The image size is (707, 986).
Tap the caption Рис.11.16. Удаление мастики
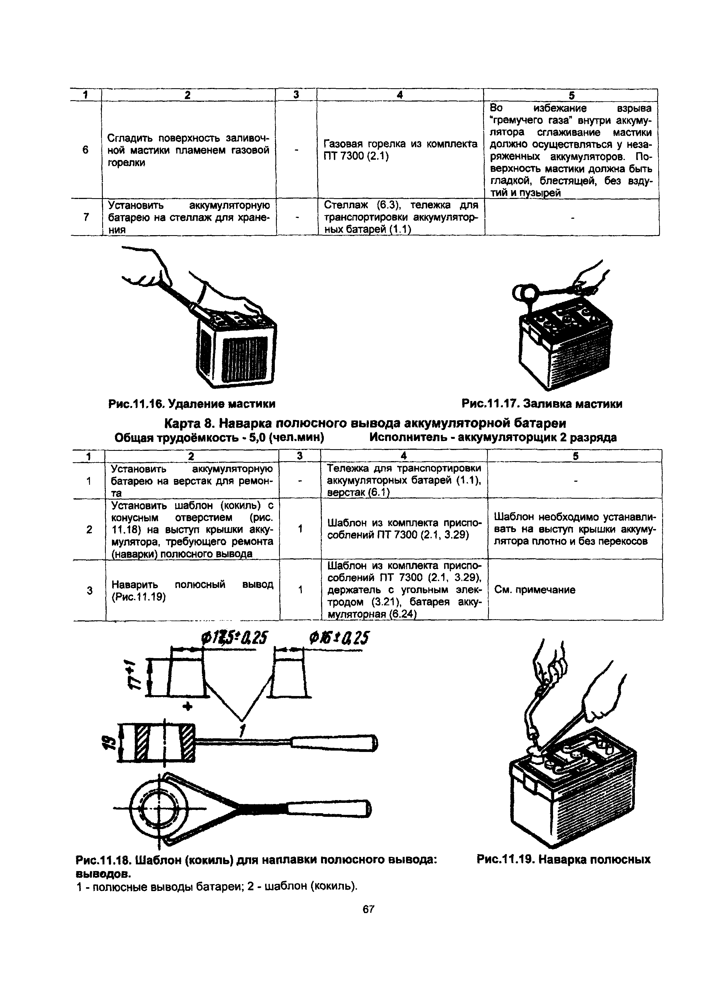pyautogui.click(x=191, y=404)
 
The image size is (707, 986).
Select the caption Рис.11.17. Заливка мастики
pyautogui.click(x=542, y=404)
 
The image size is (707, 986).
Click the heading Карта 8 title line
pyautogui.click(x=365, y=423)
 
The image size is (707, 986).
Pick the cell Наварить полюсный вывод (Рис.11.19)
pyautogui.click(x=192, y=590)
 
